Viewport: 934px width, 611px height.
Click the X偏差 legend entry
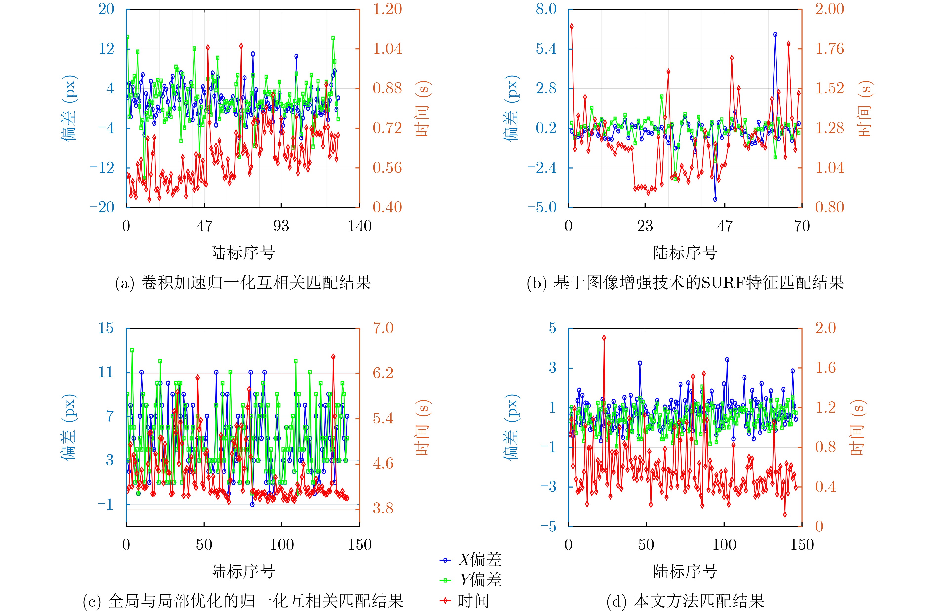[471, 560]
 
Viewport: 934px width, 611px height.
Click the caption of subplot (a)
[243, 282]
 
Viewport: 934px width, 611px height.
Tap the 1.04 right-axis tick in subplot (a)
[387, 49]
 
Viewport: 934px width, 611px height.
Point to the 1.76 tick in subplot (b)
[829, 49]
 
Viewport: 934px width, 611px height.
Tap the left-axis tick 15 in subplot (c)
[106, 328]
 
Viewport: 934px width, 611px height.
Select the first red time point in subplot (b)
[571, 26]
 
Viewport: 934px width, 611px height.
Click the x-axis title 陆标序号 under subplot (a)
[243, 253]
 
